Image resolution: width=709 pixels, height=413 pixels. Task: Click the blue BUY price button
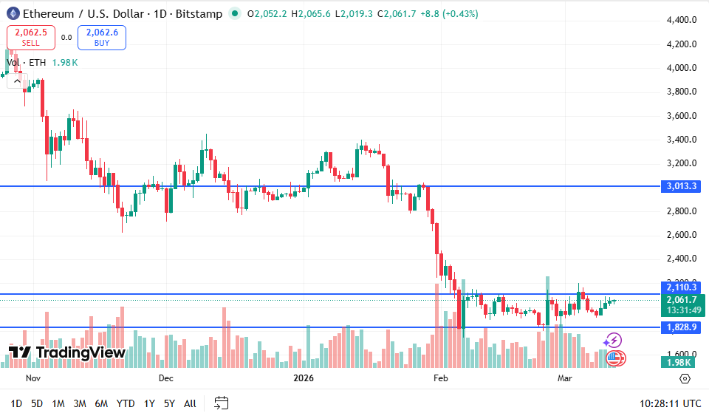(x=102, y=37)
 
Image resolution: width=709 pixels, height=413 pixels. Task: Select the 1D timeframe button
(x=16, y=403)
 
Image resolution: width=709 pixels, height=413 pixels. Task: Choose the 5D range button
(x=37, y=403)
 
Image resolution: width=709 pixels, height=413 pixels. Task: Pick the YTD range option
(x=126, y=403)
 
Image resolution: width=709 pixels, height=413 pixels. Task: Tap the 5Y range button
(x=169, y=403)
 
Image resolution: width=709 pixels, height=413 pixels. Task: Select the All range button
(x=190, y=403)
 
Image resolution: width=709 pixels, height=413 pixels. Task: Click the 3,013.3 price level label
(x=680, y=186)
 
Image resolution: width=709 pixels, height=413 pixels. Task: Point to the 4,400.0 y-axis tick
(x=680, y=20)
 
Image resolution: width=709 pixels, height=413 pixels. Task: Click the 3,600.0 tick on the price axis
(x=680, y=116)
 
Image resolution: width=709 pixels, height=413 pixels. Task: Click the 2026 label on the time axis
(x=304, y=378)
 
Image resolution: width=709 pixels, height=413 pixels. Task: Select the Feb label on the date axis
(x=440, y=378)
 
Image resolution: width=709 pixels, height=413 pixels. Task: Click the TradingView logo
(x=67, y=352)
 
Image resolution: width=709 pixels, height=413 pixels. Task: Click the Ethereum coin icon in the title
(x=13, y=13)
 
